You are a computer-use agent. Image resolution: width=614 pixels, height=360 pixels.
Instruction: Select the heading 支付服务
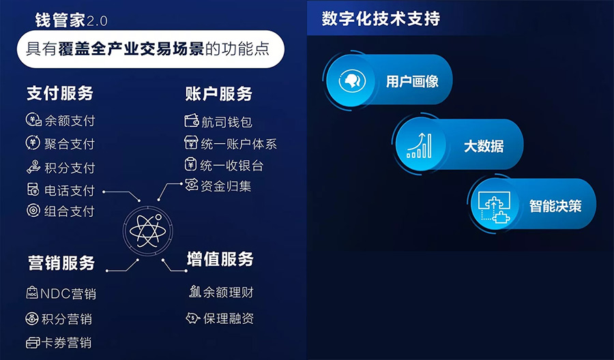click(x=60, y=93)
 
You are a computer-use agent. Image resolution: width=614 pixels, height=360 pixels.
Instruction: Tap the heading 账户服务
click(x=219, y=93)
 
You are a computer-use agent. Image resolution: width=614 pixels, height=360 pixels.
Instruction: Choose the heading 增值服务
click(x=220, y=259)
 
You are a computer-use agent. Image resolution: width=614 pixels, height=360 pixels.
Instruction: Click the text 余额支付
click(x=70, y=121)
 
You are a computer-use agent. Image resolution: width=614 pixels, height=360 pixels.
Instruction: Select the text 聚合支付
click(x=70, y=144)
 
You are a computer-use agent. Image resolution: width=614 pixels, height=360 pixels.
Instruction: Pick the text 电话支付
click(x=70, y=190)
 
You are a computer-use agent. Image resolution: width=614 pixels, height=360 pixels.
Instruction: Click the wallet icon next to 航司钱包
click(x=191, y=121)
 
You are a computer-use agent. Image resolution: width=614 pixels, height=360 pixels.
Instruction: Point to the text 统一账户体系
click(x=239, y=144)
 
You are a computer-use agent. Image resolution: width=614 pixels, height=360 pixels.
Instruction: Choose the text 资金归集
click(x=226, y=185)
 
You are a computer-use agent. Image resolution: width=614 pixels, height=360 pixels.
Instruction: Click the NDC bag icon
click(x=32, y=293)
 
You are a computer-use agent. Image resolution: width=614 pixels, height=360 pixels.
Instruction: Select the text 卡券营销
click(x=68, y=342)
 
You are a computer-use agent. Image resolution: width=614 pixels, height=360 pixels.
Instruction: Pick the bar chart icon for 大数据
click(x=419, y=145)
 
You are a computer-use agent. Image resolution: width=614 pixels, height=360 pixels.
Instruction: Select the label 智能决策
click(x=555, y=205)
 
